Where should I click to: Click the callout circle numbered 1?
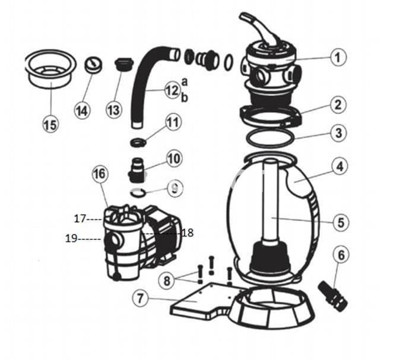point(337,58)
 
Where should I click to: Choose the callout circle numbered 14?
point(82,110)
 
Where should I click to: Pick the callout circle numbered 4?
point(338,167)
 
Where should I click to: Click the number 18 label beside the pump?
point(187,233)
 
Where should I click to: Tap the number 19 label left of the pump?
point(72,239)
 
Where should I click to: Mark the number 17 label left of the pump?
point(80,219)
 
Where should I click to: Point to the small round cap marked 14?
point(93,65)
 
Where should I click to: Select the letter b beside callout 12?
point(184,97)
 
